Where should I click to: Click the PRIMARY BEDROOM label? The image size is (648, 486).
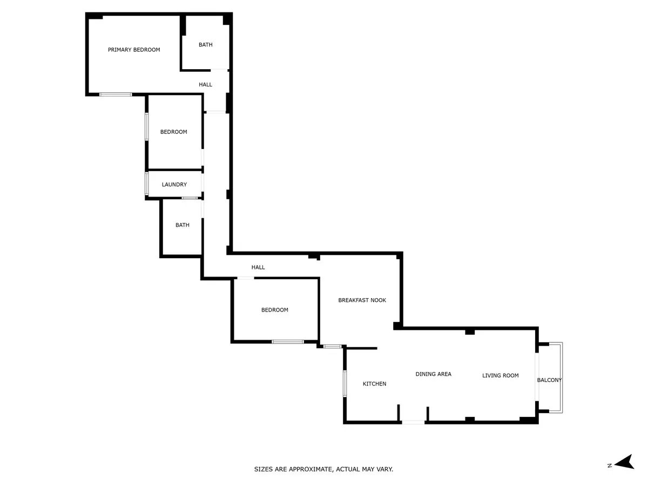coord(134,50)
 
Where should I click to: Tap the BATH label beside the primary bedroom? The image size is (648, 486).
coord(206,45)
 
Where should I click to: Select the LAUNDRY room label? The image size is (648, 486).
coord(174,185)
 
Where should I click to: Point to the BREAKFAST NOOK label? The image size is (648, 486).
coord(362,300)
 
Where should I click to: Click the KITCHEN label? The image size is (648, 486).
coord(374,384)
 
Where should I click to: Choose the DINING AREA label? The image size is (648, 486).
coord(434,374)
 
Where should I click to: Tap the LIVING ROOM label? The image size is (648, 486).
coord(501,376)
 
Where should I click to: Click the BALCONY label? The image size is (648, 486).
coord(549,380)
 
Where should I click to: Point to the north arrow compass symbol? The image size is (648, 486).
coord(624,465)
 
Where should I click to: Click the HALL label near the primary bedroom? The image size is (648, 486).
coord(206,85)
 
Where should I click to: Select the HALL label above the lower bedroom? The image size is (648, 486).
coord(258,267)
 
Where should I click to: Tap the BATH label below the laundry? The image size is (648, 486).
coord(183,225)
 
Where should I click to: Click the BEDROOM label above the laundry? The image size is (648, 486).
coord(173,132)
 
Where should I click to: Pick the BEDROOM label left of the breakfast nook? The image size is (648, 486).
coord(274,310)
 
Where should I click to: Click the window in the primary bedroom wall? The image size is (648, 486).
coord(116,94)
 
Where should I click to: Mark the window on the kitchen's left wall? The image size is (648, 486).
coord(345,383)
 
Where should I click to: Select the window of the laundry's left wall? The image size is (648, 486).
coord(147,184)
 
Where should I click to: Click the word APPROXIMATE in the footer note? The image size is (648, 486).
coord(311,469)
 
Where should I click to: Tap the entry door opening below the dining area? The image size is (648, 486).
coord(413,423)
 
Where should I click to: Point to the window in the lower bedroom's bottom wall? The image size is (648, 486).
coord(288,342)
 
